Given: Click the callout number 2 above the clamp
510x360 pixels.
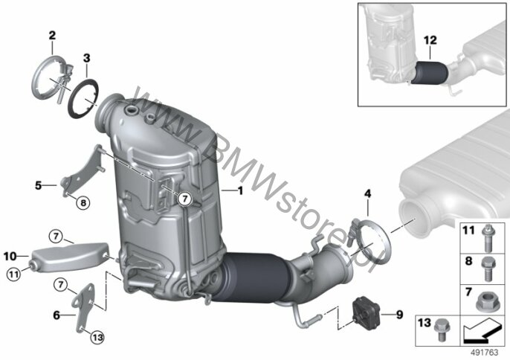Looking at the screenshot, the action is [x=52, y=36].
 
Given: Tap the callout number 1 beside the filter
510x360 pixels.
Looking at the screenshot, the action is [x=240, y=190].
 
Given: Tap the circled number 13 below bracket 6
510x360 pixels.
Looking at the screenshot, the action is [x=97, y=338].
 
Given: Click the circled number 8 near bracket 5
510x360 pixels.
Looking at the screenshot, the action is [x=83, y=203].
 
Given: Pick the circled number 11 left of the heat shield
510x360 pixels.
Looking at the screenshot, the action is [x=13, y=274].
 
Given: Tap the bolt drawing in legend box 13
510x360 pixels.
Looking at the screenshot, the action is [x=442, y=330].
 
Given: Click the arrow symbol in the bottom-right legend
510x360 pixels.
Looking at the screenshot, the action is [x=482, y=330].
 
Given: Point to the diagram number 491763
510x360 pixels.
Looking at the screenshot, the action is [x=485, y=353].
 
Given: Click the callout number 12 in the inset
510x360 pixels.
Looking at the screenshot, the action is [x=430, y=40].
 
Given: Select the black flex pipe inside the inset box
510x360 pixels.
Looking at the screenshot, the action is [x=430, y=73].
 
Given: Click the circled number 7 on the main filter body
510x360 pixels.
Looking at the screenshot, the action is [x=184, y=199].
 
